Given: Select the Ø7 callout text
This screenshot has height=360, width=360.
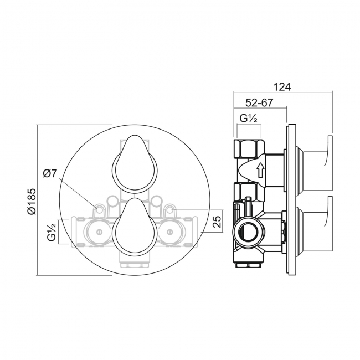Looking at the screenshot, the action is (50, 173).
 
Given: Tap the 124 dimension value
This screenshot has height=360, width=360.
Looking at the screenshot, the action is (282, 87).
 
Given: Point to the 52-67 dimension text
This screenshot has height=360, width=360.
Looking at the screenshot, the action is (259, 102).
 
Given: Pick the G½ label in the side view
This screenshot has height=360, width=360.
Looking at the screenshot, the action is (248, 119).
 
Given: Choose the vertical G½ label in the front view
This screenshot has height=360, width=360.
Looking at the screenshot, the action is (52, 232).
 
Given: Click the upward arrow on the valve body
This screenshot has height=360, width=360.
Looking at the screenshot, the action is (261, 169).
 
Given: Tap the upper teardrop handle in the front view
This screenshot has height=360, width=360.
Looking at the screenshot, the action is (135, 164).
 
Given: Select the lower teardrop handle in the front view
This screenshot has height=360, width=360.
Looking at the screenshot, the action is (135, 228).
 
